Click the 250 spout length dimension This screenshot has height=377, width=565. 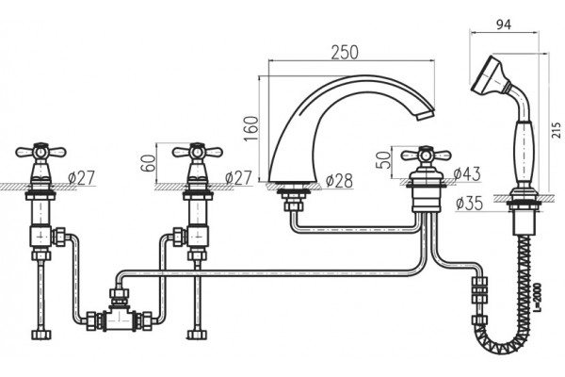[x=345, y=53]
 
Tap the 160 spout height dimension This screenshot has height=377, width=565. [x=251, y=129]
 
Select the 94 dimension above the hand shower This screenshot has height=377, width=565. [x=504, y=25]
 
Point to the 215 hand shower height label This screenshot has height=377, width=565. [x=557, y=130]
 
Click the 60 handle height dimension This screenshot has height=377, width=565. [x=149, y=163]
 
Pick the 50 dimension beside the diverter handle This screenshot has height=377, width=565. [x=383, y=160]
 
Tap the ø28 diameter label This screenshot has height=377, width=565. [x=339, y=181]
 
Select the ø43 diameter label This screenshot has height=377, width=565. [x=467, y=173]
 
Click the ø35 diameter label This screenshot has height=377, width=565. [x=469, y=204]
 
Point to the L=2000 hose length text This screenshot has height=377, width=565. [x=538, y=298]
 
